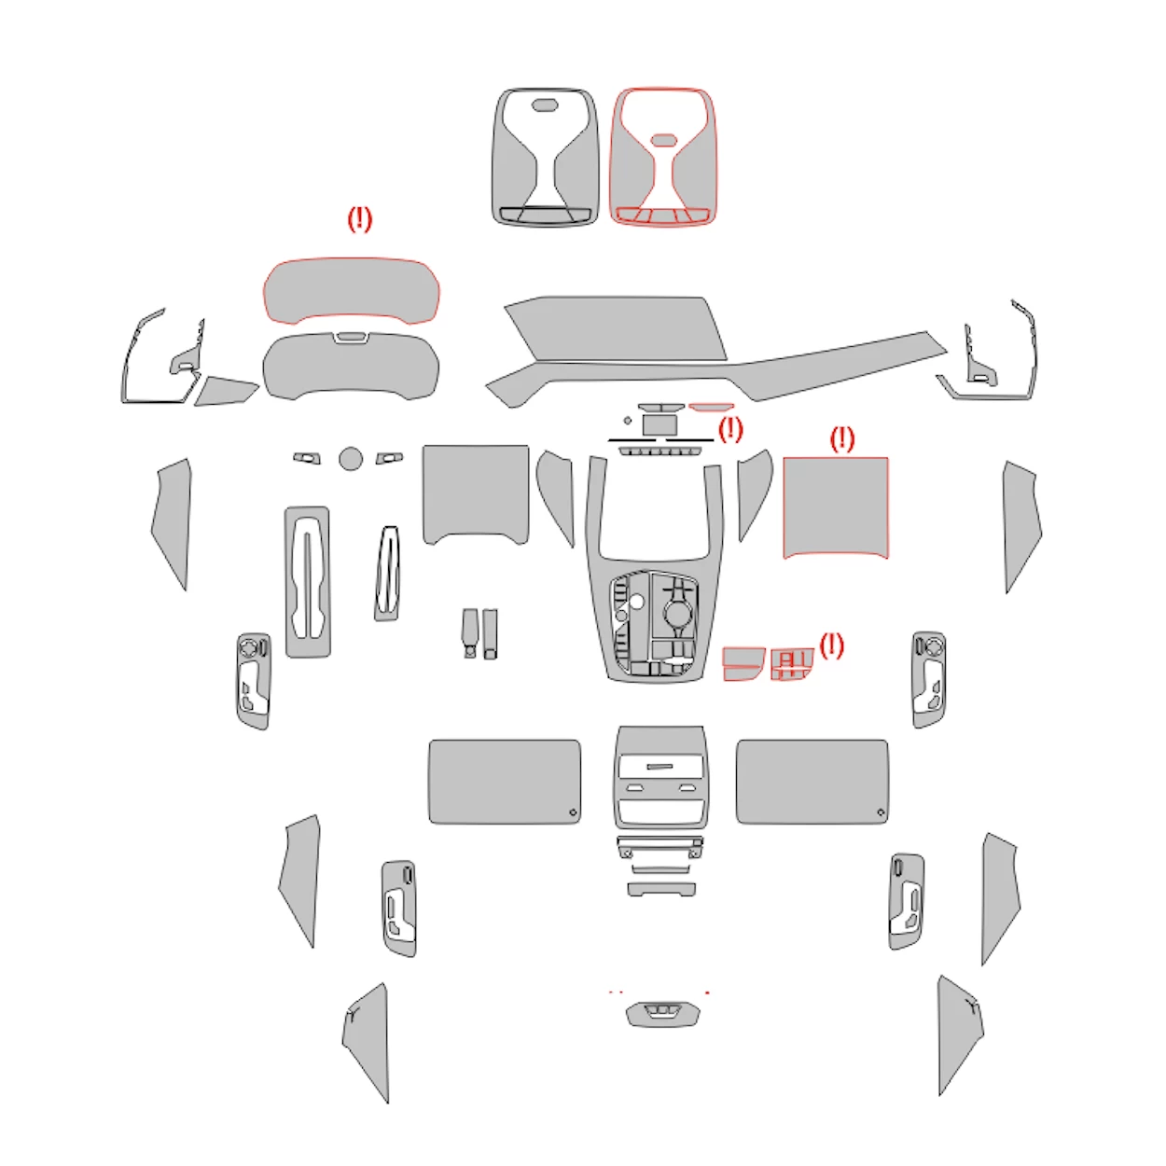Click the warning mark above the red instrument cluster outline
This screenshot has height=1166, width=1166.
pos(359,219)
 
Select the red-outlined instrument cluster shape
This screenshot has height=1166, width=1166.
pos(351,290)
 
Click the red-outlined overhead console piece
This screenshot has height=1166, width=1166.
pos(663,157)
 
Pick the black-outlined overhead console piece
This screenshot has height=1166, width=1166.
pos(546,157)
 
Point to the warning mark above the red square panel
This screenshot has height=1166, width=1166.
pos(841,438)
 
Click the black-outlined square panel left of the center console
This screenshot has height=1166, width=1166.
pos(476,492)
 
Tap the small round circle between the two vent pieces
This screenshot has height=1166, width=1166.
pos(351,458)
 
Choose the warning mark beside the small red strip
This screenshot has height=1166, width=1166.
pos(730,429)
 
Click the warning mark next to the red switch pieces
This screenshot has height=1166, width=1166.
pos(831,645)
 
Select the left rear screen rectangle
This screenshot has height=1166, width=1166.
pos(504,782)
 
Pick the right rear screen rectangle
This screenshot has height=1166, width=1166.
pos(812,782)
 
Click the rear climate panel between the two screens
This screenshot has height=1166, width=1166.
pos(660,777)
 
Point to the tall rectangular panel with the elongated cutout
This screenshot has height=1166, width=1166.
pos(307,581)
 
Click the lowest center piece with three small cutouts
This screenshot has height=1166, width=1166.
pos(662,1013)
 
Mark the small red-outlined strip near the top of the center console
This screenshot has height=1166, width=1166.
pos(712,408)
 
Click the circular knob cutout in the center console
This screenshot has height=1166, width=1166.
pos(675,614)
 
